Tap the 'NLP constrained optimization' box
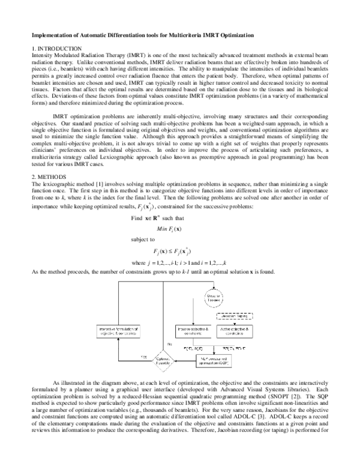[x=215, y=360]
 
